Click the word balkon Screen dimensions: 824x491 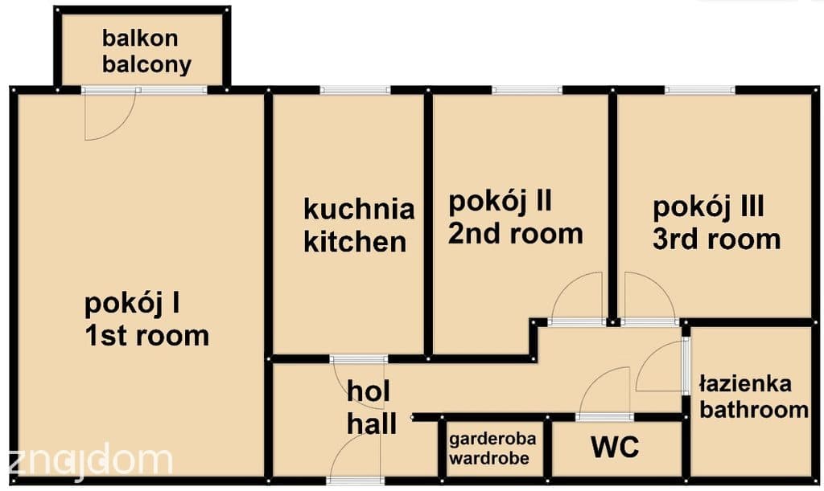click(x=140, y=39)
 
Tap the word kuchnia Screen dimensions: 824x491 click(x=359, y=209)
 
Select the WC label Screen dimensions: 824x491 click(x=615, y=447)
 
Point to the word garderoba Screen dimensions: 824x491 click(x=492, y=439)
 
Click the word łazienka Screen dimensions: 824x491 click(x=745, y=384)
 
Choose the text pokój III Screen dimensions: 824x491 click(x=708, y=207)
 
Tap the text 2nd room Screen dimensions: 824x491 click(x=515, y=233)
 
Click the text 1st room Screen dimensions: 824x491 click(x=147, y=336)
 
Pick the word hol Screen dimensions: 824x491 click(x=369, y=391)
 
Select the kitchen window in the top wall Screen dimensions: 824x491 click(x=355, y=90)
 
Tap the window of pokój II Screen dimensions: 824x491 click(x=527, y=90)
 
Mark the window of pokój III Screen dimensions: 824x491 click(x=700, y=90)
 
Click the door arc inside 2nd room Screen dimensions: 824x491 click(x=564, y=286)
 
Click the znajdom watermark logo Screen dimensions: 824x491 click(x=90, y=461)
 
